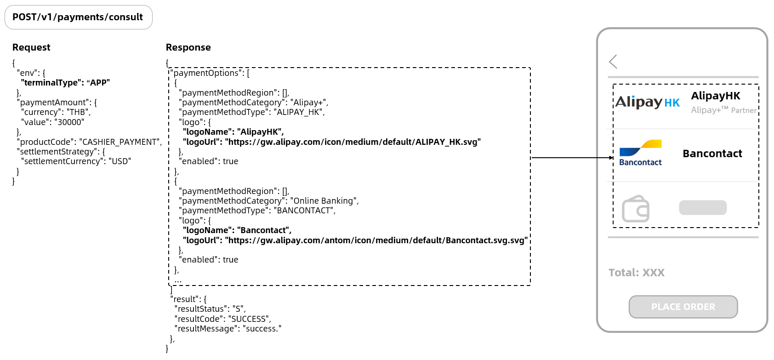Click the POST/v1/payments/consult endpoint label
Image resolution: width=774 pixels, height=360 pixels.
tap(78, 17)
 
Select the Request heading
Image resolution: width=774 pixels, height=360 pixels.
tap(31, 47)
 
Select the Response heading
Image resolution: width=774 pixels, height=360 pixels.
tap(188, 47)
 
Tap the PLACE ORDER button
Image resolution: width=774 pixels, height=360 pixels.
tap(683, 307)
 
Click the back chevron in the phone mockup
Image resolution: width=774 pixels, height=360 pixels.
tap(613, 62)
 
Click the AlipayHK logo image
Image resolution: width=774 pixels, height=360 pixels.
tap(647, 102)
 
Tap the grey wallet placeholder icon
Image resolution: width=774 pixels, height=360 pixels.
tap(636, 209)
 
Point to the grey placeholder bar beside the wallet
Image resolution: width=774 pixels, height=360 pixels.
tap(703, 208)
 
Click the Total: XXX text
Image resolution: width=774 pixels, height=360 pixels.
tap(637, 273)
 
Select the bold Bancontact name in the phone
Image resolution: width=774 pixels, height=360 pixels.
tap(712, 154)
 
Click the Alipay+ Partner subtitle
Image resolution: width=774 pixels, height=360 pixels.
tap(723, 110)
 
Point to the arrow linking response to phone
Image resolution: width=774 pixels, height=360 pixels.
tap(572, 158)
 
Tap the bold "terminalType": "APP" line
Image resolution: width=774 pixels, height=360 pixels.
tap(65, 83)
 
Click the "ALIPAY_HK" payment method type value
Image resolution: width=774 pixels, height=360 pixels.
tap(299, 112)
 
